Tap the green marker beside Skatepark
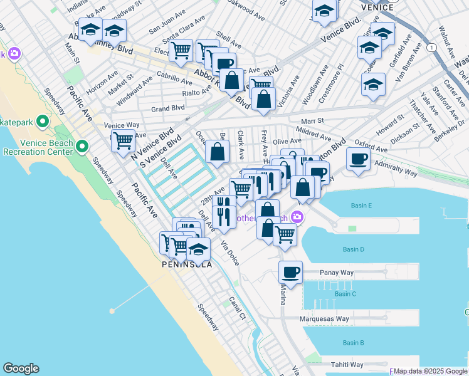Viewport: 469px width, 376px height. click(43, 120)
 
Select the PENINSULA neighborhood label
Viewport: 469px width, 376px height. click(186, 264)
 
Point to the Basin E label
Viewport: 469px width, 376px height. click(362, 206)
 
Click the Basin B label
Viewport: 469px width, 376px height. click(353, 343)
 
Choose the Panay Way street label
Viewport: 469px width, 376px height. click(337, 273)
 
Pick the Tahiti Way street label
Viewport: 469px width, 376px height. click(347, 365)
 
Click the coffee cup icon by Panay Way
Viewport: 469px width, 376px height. click(290, 273)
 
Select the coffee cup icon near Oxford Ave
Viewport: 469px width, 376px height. click(358, 159)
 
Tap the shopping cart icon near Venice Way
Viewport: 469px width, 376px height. click(123, 140)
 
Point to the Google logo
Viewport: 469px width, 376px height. click(21, 368)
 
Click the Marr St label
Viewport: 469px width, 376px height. click(311, 121)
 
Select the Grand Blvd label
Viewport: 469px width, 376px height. click(167, 108)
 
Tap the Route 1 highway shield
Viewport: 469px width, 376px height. click(431, 48)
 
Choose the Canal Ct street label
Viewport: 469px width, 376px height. click(237, 307)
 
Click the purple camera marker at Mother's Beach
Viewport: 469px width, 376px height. click(297, 217)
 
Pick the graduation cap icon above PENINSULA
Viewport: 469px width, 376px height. click(198, 249)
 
